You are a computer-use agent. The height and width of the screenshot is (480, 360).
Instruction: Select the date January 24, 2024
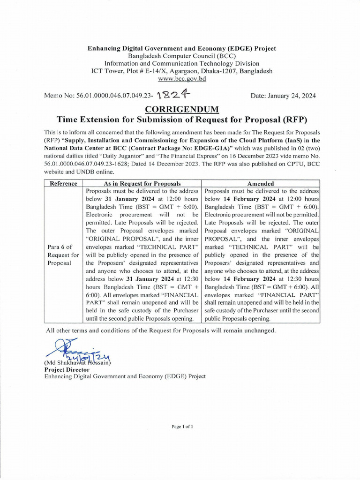[283, 96]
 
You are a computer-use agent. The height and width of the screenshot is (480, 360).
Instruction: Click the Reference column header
[63, 183]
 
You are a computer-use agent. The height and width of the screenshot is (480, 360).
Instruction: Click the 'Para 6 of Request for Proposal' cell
[63, 255]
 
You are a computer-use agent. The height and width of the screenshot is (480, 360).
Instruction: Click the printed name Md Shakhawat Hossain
[77, 362]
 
